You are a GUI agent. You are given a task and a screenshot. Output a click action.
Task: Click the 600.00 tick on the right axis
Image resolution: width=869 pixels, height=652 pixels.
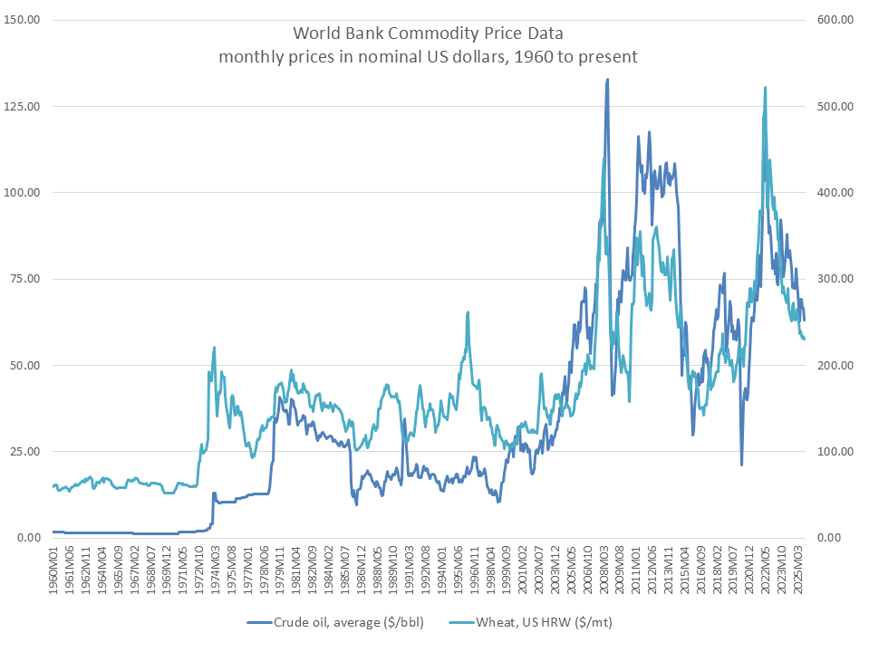835,20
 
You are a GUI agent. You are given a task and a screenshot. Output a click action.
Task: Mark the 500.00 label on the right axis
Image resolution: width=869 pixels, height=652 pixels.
835,106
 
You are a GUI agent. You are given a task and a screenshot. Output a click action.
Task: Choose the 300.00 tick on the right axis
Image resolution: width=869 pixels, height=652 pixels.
835,279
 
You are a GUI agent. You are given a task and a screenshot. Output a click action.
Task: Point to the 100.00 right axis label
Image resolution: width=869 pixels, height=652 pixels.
835,452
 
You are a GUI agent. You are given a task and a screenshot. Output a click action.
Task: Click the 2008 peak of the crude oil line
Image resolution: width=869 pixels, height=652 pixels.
607,80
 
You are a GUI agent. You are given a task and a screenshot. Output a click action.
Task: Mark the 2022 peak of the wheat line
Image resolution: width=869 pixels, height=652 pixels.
766,88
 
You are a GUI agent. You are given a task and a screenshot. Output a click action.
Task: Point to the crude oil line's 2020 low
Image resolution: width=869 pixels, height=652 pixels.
741,465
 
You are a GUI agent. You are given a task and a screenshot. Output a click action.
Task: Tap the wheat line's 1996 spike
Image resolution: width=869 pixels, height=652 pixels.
468,312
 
